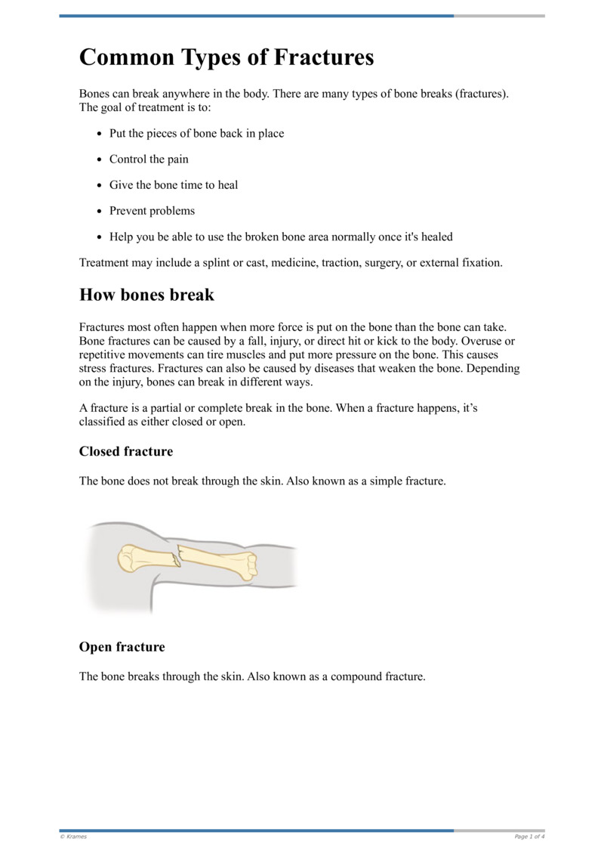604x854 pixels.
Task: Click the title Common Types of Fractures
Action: coord(226,57)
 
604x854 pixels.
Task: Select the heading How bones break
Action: coord(146,295)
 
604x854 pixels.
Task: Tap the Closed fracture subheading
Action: coord(125,451)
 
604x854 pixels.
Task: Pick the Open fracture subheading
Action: coord(122,647)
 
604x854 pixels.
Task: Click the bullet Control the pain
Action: coord(149,159)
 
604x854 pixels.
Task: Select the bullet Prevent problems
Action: coord(152,211)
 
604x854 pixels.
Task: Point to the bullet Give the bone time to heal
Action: coord(174,185)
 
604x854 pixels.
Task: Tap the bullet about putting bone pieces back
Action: coord(196,134)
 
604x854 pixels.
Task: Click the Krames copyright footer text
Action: coord(73,837)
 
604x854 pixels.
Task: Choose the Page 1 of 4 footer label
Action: coord(529,837)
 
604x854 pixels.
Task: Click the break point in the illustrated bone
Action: coord(177,559)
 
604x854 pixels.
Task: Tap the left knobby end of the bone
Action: coord(127,559)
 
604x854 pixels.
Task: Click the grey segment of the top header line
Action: coord(499,16)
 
